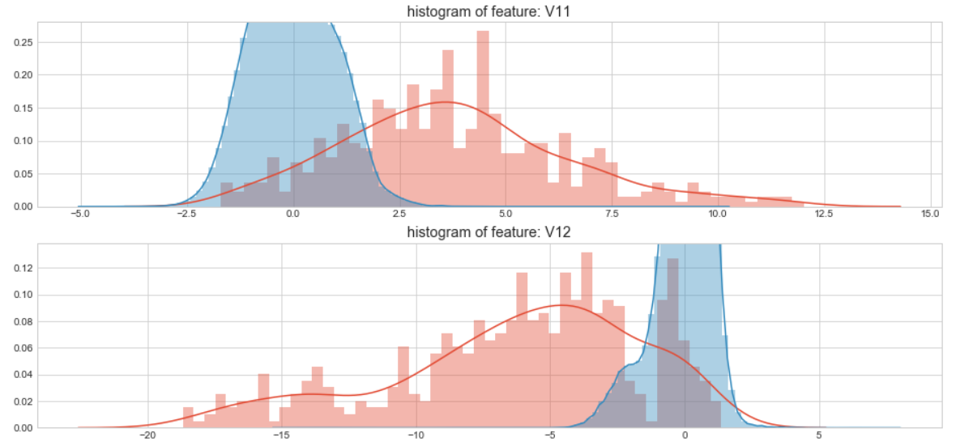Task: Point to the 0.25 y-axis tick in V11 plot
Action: coord(23,42)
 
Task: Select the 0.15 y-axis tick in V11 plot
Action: coord(23,108)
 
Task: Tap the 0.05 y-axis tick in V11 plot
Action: coord(23,174)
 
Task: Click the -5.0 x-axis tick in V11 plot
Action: coord(80,215)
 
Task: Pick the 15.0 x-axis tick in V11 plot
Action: coord(930,215)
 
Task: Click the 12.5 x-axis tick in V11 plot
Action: coord(824,215)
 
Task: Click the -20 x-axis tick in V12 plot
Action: coord(147,436)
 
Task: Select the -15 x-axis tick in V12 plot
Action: coord(281,436)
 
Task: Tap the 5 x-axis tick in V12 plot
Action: coord(819,436)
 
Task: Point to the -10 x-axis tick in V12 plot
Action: coord(416,436)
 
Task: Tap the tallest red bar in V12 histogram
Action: coord(587,340)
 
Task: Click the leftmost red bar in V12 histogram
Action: coord(188,418)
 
